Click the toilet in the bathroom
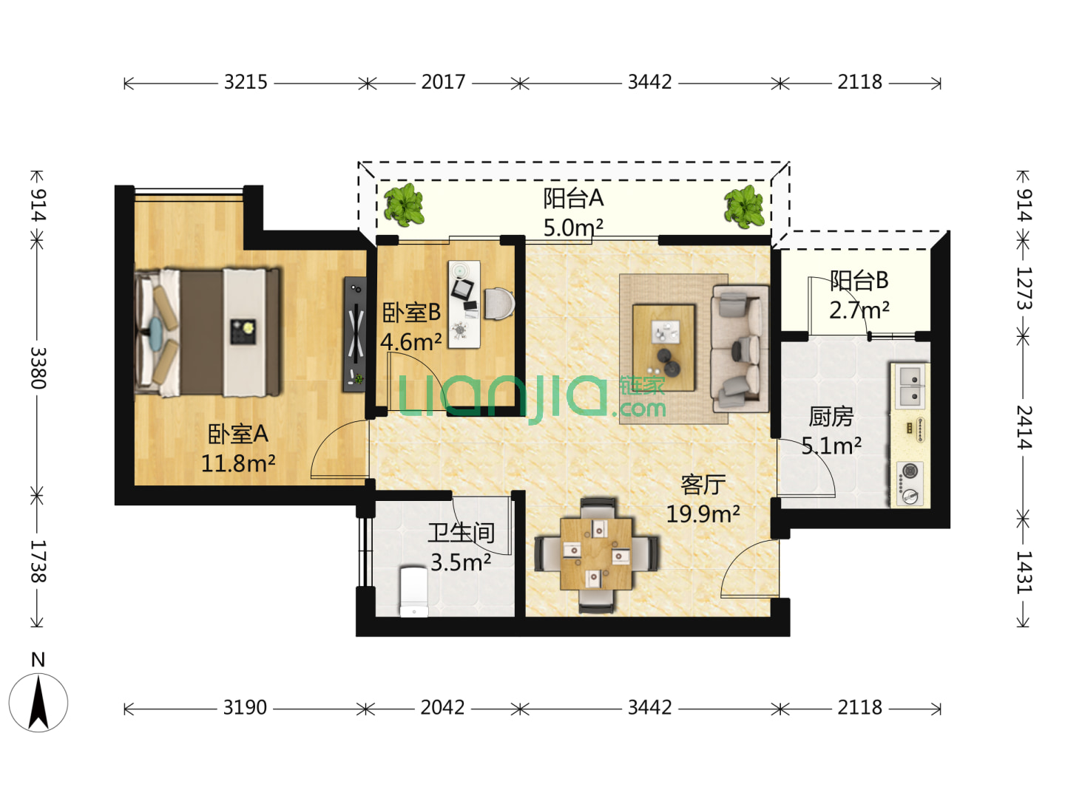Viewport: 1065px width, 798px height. (x=413, y=593)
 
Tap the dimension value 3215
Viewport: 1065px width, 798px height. (x=246, y=82)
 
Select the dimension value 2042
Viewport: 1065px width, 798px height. (x=442, y=708)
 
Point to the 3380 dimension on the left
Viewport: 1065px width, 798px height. (x=38, y=368)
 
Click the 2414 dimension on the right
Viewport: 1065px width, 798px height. (x=1024, y=427)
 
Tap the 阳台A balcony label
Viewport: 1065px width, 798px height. (x=573, y=198)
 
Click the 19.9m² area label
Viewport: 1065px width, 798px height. (x=703, y=514)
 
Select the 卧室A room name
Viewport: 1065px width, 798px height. (x=237, y=434)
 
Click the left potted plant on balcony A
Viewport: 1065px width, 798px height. (x=404, y=205)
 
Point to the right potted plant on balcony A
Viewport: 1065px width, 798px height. (x=744, y=207)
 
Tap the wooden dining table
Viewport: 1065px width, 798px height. (x=596, y=553)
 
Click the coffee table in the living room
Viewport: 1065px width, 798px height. (x=663, y=347)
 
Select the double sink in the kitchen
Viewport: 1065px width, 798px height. (x=910, y=386)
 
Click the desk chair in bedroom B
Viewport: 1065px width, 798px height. (x=499, y=304)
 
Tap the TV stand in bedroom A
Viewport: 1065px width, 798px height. (x=355, y=334)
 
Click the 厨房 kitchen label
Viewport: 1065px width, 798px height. (x=831, y=417)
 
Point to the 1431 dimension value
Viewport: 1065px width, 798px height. (x=1024, y=572)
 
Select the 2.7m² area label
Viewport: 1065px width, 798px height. (x=859, y=310)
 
